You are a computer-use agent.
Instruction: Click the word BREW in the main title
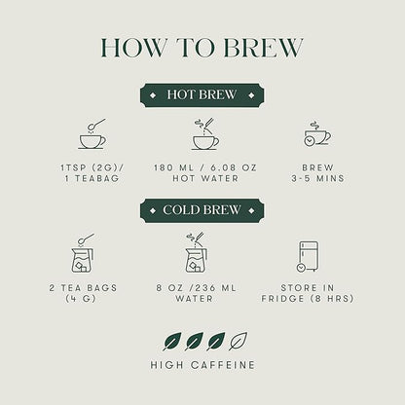pyautogui.click(x=263, y=48)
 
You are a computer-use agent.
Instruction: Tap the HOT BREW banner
pyautogui.click(x=202, y=95)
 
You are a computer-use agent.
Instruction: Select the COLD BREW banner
pyautogui.click(x=202, y=210)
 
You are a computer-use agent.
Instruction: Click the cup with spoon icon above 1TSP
pyautogui.click(x=92, y=133)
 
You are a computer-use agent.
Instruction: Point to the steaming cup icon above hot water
pyautogui.click(x=205, y=133)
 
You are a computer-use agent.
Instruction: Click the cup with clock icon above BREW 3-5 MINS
pyautogui.click(x=317, y=133)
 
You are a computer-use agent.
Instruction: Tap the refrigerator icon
pyautogui.click(x=307, y=257)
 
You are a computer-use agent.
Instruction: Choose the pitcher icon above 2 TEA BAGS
pyautogui.click(x=83, y=253)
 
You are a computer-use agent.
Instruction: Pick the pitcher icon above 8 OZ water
pyautogui.click(x=196, y=253)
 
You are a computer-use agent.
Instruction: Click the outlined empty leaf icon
pyautogui.click(x=238, y=342)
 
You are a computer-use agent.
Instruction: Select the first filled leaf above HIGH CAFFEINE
pyautogui.click(x=171, y=342)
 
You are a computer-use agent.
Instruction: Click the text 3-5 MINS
pyautogui.click(x=317, y=178)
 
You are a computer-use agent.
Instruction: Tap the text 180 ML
pyautogui.click(x=173, y=167)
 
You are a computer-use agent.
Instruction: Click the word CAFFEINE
pyautogui.click(x=223, y=365)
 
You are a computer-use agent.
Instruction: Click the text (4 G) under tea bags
pyautogui.click(x=81, y=299)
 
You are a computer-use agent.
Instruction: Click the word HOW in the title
pyautogui.click(x=132, y=48)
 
